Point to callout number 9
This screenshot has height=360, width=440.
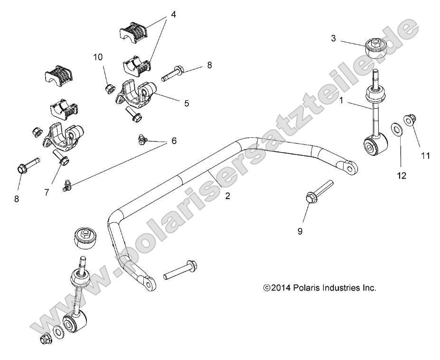coord(300,231)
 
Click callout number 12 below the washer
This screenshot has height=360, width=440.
coord(402,176)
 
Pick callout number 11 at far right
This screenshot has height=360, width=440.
coord(425,155)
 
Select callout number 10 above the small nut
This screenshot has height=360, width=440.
coord(98,57)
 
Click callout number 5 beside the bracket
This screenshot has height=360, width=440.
coord(187,103)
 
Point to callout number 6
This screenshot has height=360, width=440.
coord(174,141)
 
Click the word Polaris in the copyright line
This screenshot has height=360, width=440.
coord(309,288)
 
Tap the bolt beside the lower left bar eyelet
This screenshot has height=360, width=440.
coord(181,269)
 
